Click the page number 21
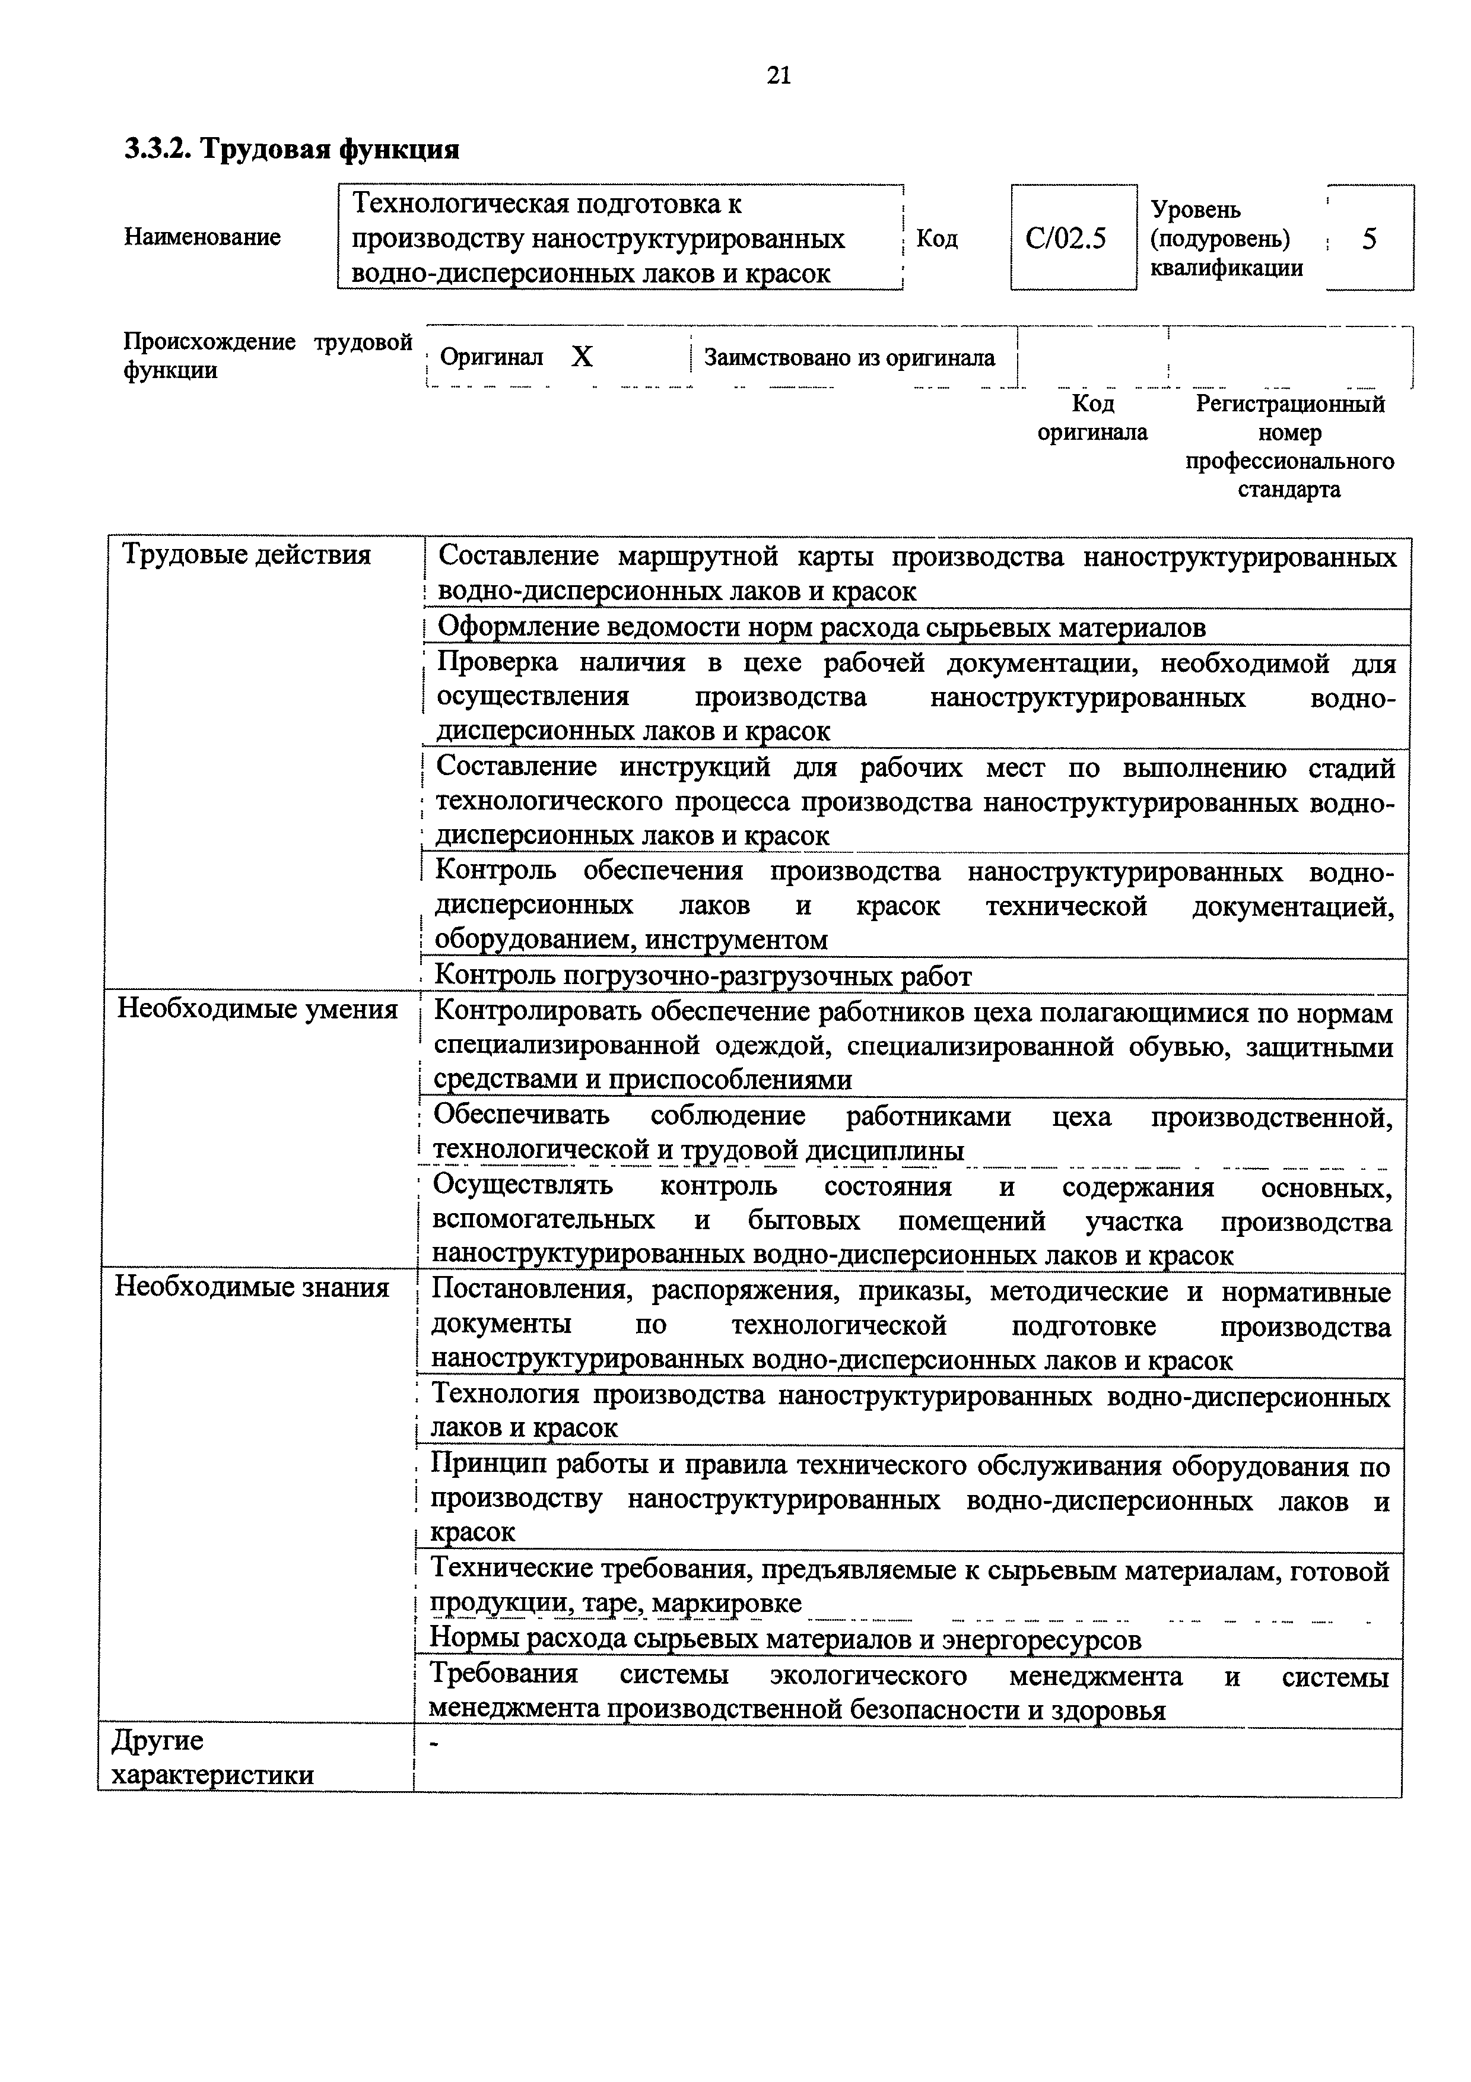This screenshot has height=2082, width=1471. (779, 75)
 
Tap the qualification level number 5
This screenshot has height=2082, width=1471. (1370, 239)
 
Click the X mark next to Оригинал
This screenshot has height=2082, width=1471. (582, 357)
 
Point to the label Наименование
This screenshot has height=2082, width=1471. (202, 237)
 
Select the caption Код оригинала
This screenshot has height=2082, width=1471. (1092, 418)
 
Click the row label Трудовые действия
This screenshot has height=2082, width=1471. (246, 555)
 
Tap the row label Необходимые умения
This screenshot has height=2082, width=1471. (258, 1010)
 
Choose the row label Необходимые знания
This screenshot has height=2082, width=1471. (252, 1287)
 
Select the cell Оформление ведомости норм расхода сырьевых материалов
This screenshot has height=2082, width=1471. (821, 627)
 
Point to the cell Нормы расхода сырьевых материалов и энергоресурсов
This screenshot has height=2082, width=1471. (785, 1639)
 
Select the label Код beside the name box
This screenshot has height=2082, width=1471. (936, 239)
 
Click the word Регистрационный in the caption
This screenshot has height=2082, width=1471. (1290, 404)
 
